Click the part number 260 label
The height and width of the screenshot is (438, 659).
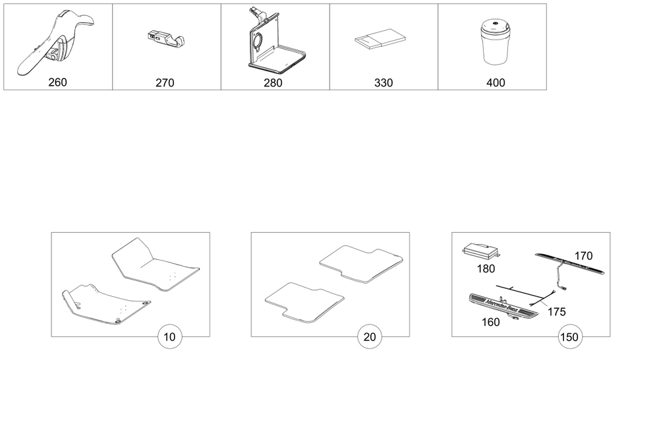pyautogui.click(x=57, y=82)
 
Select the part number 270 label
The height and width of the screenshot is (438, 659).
pyautogui.click(x=165, y=82)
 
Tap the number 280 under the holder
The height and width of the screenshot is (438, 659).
pyautogui.click(x=273, y=82)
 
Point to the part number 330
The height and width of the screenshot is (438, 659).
pyautogui.click(x=383, y=82)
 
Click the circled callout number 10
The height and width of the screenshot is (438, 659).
pyautogui.click(x=170, y=337)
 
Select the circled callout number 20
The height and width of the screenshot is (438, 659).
pyautogui.click(x=370, y=337)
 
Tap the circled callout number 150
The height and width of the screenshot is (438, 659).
pyautogui.click(x=569, y=337)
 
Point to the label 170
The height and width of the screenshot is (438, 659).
pyautogui.click(x=583, y=256)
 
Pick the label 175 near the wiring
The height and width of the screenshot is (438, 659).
pyautogui.click(x=556, y=312)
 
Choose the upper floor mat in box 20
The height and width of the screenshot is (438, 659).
pyautogui.click(x=360, y=265)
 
